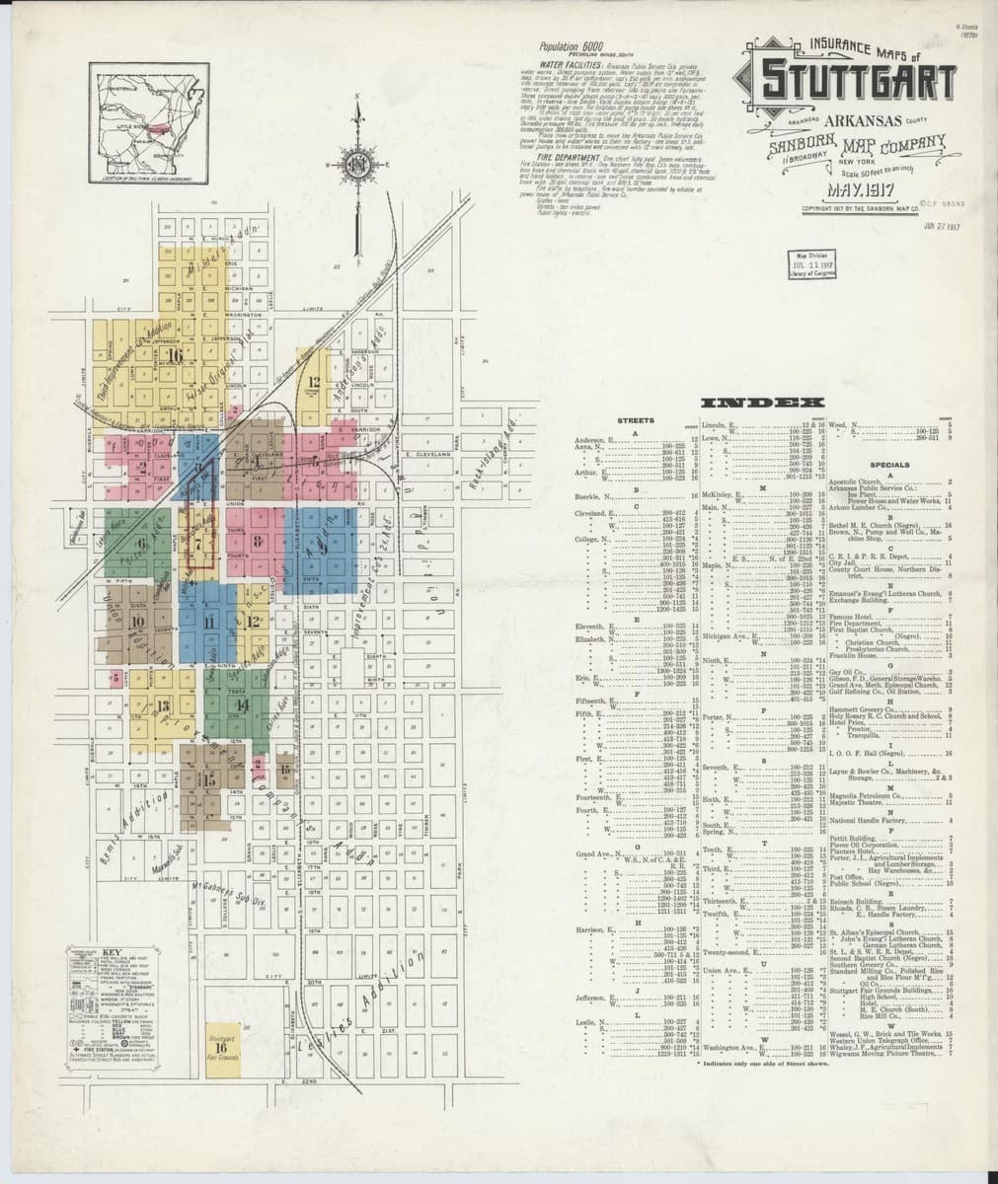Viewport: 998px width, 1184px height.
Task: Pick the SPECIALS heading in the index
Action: [x=888, y=465]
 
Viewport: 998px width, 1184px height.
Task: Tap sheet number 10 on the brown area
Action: [x=137, y=621]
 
